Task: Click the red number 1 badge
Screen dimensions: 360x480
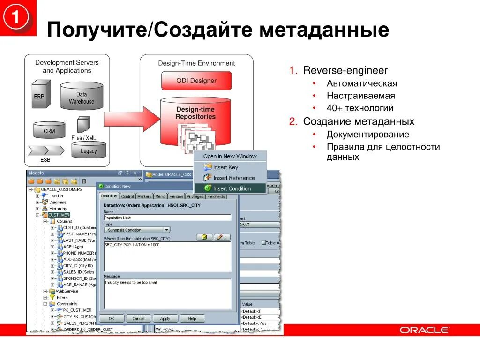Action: click(16, 18)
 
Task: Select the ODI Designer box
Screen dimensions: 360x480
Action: click(196, 81)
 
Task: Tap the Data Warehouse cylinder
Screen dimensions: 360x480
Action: click(82, 97)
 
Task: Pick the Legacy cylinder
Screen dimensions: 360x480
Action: click(89, 150)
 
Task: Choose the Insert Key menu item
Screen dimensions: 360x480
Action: click(225, 167)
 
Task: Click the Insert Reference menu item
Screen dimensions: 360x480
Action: click(234, 178)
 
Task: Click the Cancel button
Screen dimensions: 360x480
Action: click(138, 318)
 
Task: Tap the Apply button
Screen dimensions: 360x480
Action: click(165, 318)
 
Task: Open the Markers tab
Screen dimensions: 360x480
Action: click(144, 196)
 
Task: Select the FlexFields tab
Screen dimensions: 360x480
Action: click(216, 196)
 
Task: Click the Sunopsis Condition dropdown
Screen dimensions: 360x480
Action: click(137, 230)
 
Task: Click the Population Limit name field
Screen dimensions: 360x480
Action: click(167, 217)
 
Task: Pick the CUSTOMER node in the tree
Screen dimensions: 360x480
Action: click(58, 215)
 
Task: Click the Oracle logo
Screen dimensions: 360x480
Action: click(424, 330)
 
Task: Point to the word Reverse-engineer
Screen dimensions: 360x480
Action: click(345, 71)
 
